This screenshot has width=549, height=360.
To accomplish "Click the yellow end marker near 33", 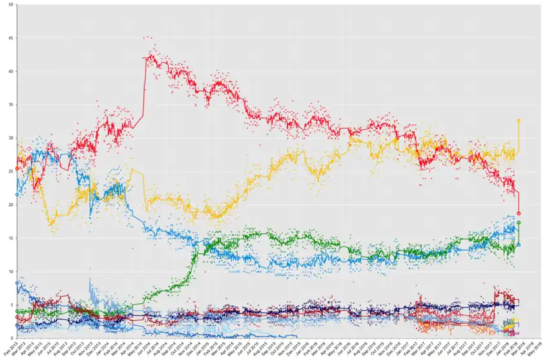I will pos(519,120).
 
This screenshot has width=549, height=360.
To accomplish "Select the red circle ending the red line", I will pos(519,213).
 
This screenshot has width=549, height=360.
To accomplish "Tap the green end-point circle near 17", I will pos(519,223).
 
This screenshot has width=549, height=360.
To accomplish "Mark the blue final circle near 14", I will pos(519,244).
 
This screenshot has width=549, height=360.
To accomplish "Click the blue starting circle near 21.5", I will pos(17,194).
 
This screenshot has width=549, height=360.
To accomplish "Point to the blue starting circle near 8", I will pos(17,283).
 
